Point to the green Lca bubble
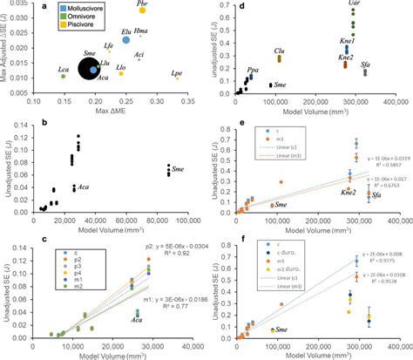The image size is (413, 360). point(63,77)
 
